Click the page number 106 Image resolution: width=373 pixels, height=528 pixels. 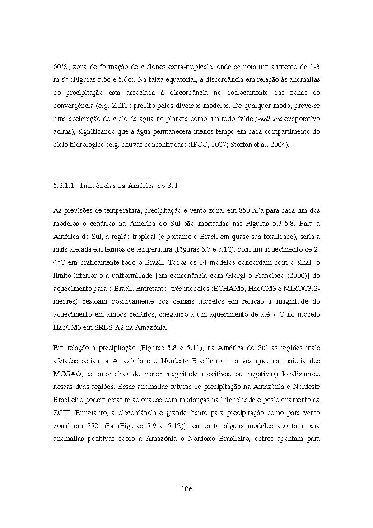pyautogui.click(x=186, y=489)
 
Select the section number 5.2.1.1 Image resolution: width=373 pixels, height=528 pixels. pyautogui.click(x=63, y=185)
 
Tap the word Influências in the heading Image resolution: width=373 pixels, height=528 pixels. pyautogui.click(x=97, y=185)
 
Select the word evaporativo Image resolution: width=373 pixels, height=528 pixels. pyautogui.click(x=302, y=119)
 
